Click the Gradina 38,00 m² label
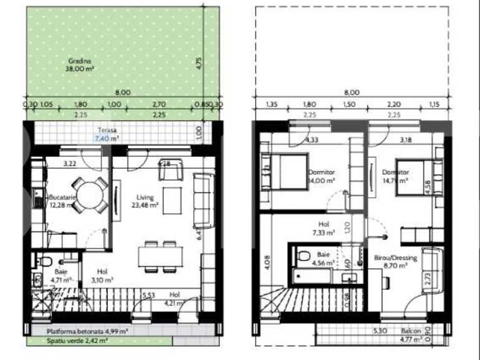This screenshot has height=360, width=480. tap(79, 65)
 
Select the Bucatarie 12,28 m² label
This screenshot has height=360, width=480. tap(62, 201)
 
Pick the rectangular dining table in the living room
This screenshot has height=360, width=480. tap(160, 255)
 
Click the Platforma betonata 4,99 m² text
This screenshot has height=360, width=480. tap(88, 332)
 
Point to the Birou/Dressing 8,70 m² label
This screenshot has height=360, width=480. tap(392, 261)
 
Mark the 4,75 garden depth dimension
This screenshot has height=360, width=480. tap(198, 64)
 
